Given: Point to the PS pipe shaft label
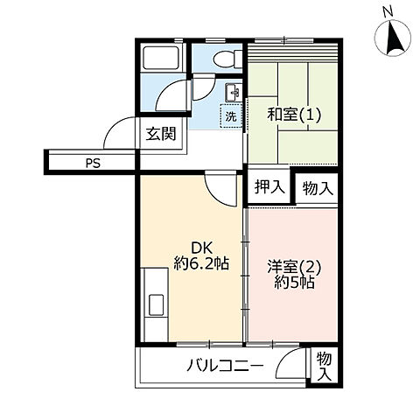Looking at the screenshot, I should coord(92,162).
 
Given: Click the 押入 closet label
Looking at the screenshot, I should coord(269,186).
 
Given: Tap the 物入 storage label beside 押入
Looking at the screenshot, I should coord(318,186).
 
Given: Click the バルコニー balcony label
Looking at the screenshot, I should coord(224,365).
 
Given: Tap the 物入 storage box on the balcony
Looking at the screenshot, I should coord(324,366).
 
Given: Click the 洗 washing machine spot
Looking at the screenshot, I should coord(231,115).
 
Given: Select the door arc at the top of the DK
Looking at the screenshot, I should coord(220,184).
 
